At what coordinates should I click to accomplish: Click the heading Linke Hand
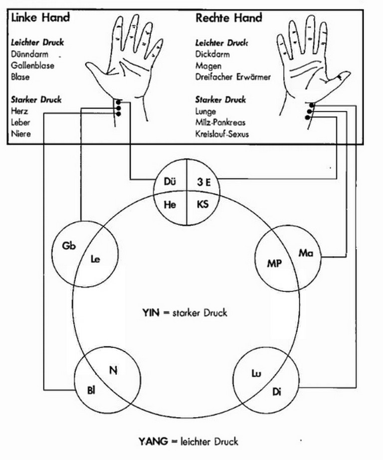point(40,18)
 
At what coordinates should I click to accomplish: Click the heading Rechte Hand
point(228,18)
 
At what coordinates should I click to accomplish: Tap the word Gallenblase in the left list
point(32,65)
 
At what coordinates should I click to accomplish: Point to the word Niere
point(20,134)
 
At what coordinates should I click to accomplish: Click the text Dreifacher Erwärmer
point(233,77)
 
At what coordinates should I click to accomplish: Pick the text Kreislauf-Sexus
point(222,134)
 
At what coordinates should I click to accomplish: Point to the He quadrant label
point(171,204)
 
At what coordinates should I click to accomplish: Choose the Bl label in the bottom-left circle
point(91,391)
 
